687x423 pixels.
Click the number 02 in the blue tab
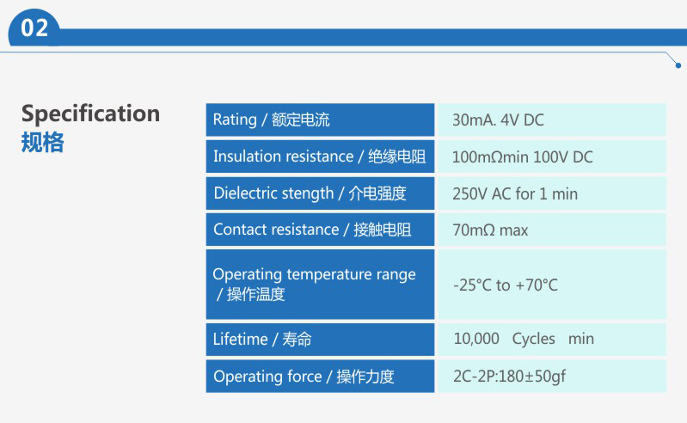tap(34, 28)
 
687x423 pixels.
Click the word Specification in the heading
tap(90, 114)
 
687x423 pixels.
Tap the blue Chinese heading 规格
tap(42, 143)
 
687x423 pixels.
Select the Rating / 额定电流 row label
tap(271, 120)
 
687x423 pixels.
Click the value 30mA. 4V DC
tap(498, 120)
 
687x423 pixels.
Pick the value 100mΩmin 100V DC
tap(522, 156)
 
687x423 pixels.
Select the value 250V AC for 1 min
tap(515, 193)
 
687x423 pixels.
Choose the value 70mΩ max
tap(490, 230)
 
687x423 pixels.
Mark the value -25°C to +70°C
tap(506, 285)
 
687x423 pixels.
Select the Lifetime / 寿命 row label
tap(262, 340)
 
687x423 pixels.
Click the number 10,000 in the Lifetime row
tap(476, 339)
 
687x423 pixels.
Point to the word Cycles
tap(533, 339)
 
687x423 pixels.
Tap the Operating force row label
tap(304, 377)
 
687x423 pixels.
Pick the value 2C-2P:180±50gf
tap(509, 377)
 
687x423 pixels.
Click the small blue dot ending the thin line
tap(678, 65)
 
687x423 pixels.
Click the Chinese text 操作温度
tap(256, 294)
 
